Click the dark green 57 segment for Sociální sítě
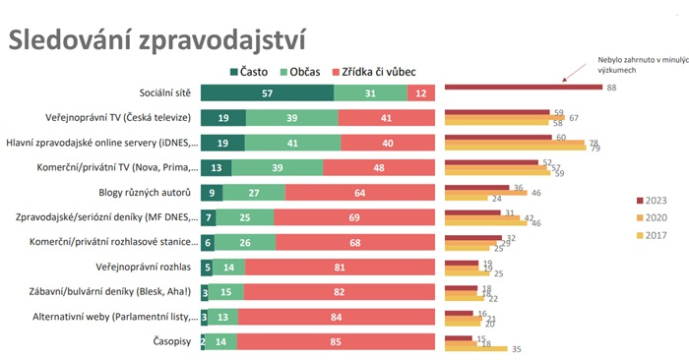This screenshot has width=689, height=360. [267, 92]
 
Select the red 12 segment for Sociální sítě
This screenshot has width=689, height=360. [420, 92]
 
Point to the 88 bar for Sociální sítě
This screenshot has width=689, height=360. [523, 88]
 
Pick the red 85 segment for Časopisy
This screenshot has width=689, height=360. [336, 341]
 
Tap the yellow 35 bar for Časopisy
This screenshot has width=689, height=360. [475, 348]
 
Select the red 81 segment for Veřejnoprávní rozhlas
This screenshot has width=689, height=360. [340, 267]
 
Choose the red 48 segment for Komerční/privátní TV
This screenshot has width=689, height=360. [378, 167]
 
